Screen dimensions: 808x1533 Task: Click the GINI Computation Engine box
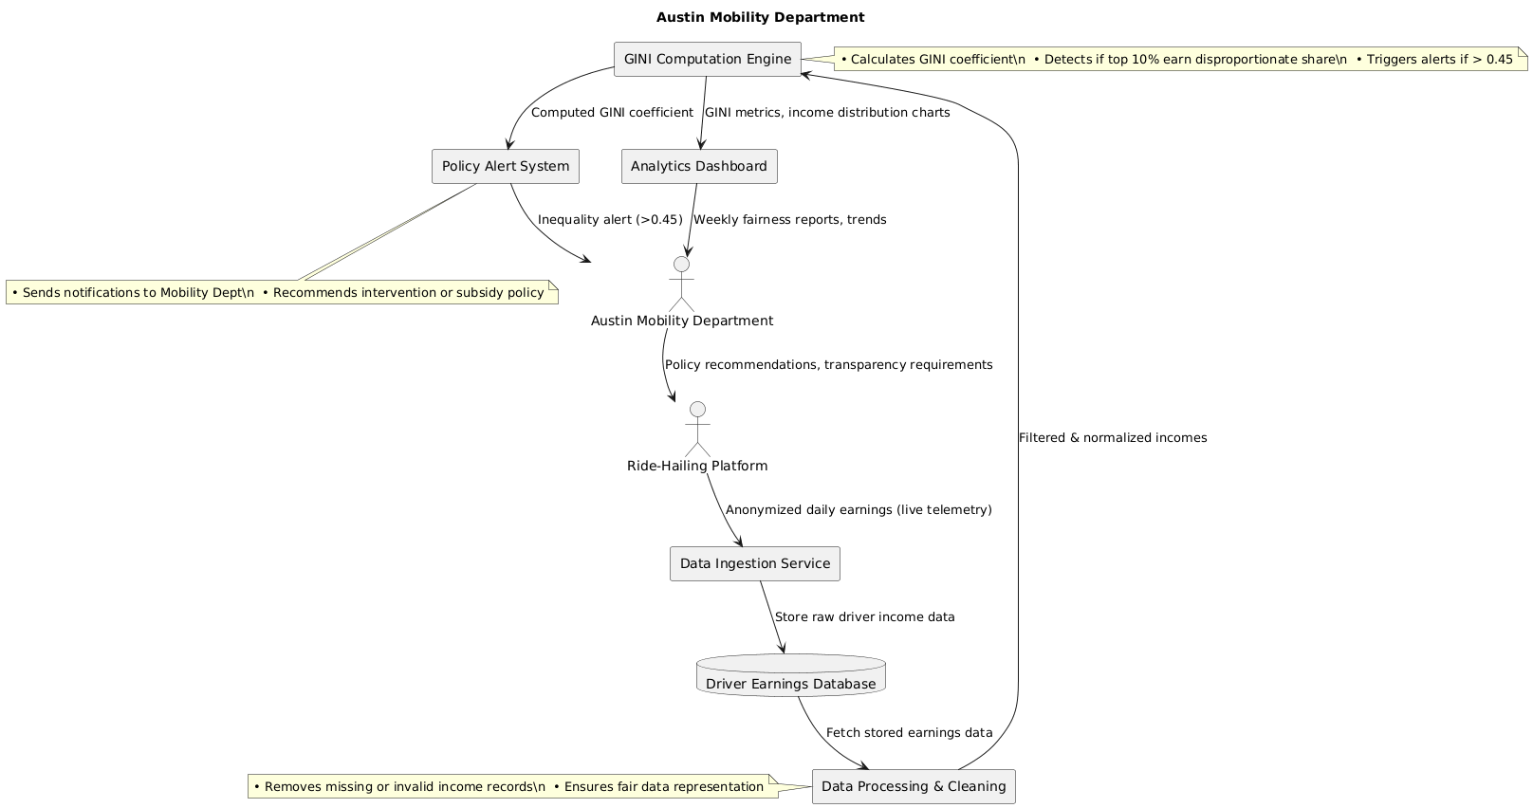(708, 60)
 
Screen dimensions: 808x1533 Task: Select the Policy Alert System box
(505, 167)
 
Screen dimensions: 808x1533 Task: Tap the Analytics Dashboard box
(699, 167)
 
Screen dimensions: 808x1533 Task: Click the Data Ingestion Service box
(754, 564)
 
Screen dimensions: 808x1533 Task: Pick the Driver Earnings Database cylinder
(790, 676)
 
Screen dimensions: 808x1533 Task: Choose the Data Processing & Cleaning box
(914, 786)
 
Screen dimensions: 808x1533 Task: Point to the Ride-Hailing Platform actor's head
(697, 410)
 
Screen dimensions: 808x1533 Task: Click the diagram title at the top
(760, 17)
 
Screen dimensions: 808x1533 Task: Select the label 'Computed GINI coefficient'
(612, 113)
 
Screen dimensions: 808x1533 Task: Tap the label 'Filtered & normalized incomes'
(1112, 438)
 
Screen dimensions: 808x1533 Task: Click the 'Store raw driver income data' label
(864, 617)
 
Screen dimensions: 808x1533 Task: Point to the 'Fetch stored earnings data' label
(909, 733)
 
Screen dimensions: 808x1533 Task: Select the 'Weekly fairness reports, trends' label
(789, 220)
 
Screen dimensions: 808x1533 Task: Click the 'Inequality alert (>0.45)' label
(610, 220)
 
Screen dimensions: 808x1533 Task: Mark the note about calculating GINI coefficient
(1176, 60)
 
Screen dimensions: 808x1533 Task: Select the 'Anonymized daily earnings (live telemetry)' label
(859, 510)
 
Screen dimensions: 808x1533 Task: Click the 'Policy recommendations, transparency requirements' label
(828, 365)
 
